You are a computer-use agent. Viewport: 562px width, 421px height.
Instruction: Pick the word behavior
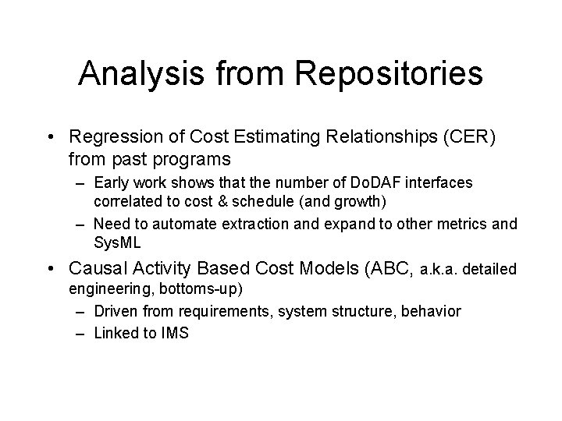pyautogui.click(x=432, y=312)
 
